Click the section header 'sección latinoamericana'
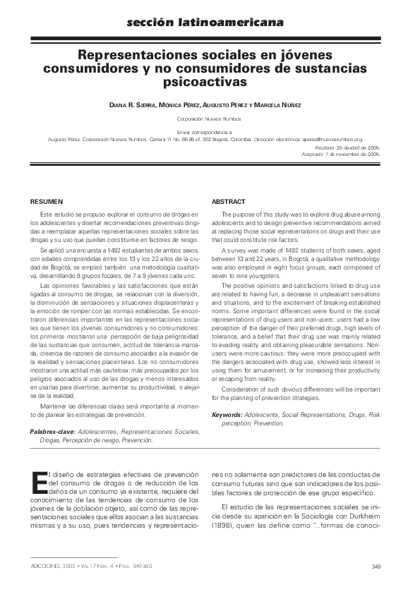coord(210,24)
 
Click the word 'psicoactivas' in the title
coord(210,82)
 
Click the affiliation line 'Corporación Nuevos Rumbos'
coord(210,121)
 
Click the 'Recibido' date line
coord(347,147)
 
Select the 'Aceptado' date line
coord(346,153)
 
